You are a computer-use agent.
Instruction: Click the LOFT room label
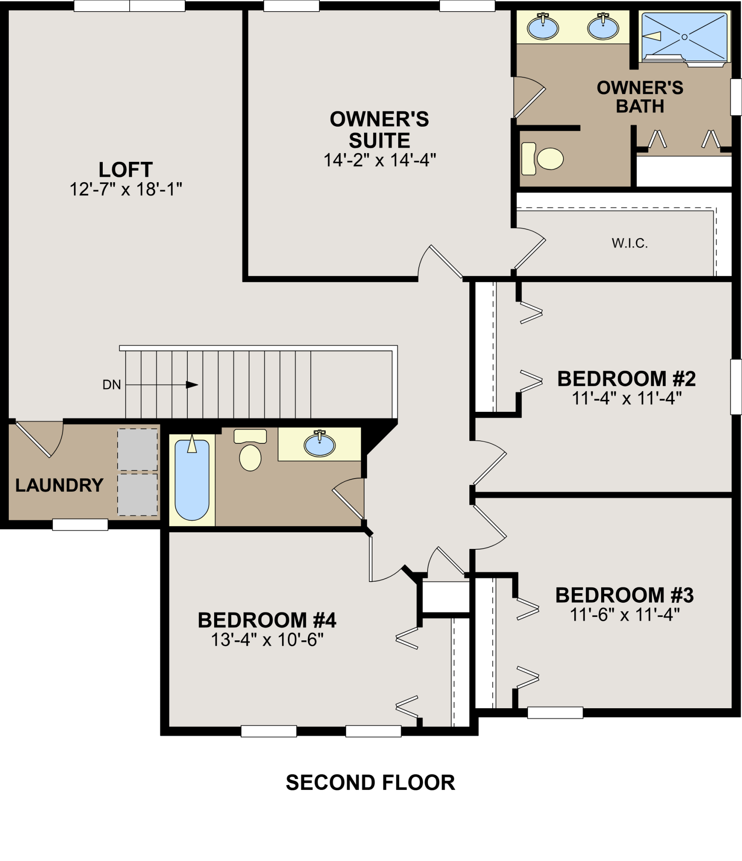coord(126,170)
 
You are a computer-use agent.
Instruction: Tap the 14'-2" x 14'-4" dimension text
coord(380,160)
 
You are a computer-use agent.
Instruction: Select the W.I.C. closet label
coord(630,243)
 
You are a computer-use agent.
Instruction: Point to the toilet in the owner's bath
coord(542,159)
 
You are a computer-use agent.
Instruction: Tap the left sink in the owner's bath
coord(543,26)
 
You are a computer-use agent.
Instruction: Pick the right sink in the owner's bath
coord(603,26)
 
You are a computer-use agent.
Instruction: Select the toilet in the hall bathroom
coord(250,450)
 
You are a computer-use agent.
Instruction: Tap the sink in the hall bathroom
coord(319,444)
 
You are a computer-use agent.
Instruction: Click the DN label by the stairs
coord(111,385)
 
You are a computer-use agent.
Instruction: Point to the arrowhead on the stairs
coord(192,385)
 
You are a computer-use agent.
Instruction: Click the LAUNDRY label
coord(60,486)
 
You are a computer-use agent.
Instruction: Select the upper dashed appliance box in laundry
coord(137,450)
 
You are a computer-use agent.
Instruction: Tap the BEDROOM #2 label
coord(626,379)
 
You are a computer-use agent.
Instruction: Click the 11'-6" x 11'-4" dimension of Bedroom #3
coord(624,614)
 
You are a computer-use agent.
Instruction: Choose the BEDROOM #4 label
coord(267,620)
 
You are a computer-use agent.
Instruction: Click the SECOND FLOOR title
coord(370,783)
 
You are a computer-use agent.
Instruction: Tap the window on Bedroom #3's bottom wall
coord(555,713)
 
